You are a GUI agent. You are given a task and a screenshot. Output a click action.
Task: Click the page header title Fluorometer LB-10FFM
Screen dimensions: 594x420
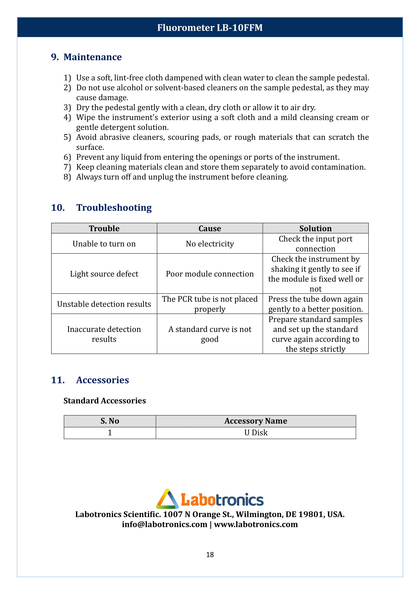click(x=210, y=28)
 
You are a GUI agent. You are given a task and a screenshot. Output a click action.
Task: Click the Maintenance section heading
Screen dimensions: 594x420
click(x=92, y=57)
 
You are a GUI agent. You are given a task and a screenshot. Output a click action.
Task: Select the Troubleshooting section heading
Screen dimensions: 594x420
click(x=114, y=207)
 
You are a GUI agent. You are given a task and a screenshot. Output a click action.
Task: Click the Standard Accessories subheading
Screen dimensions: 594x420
click(x=104, y=400)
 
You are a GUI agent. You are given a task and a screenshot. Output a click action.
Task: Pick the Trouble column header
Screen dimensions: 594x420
click(x=104, y=229)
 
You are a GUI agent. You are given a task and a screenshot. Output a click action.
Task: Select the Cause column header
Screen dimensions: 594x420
click(x=210, y=229)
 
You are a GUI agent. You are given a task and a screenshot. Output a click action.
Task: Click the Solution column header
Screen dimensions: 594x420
click(x=315, y=229)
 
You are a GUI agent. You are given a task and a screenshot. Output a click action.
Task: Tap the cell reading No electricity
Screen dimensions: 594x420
click(x=210, y=244)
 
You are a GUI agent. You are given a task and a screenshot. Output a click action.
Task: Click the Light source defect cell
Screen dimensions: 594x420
click(x=104, y=274)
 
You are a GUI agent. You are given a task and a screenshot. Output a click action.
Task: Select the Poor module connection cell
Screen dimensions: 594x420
click(x=210, y=274)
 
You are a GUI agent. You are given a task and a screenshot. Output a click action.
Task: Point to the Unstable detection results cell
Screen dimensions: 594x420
click(x=104, y=304)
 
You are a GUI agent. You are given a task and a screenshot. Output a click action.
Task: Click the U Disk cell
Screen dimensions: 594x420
click(x=256, y=432)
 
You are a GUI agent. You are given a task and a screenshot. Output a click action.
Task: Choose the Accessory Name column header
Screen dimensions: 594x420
click(x=256, y=421)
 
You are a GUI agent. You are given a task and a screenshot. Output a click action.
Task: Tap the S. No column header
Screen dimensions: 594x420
click(x=110, y=421)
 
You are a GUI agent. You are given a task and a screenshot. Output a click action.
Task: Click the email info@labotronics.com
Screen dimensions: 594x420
click(x=165, y=524)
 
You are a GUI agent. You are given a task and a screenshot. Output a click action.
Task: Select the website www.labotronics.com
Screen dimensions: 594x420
click(x=256, y=524)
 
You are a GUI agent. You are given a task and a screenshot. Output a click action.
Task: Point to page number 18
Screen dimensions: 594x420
click(x=210, y=555)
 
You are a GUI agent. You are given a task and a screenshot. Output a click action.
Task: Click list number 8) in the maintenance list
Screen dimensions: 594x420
click(x=67, y=177)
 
